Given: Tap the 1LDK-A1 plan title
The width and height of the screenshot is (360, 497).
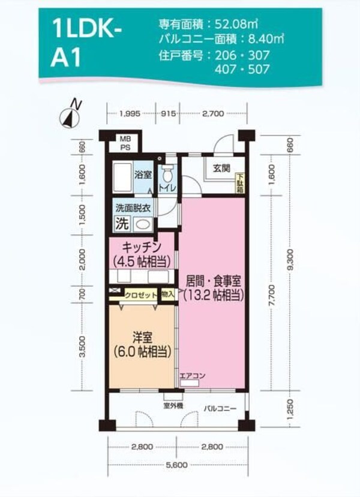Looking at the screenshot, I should [85, 44].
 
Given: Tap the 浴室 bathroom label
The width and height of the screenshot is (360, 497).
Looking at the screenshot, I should [143, 175].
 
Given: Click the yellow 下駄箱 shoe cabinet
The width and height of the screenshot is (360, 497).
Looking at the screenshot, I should [239, 182].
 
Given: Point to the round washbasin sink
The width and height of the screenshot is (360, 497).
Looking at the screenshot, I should [142, 225].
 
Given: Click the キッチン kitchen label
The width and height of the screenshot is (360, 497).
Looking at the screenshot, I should [142, 247].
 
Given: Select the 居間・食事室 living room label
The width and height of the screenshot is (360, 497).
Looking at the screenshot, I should [212, 280].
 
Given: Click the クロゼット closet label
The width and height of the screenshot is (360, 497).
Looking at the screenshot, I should [141, 295].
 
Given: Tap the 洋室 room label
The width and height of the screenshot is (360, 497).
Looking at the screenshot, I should [140, 337].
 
